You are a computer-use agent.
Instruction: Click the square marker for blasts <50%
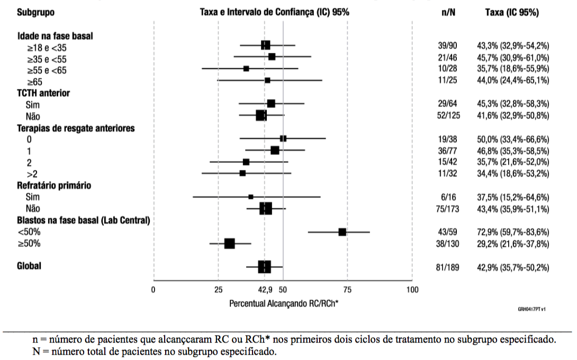pos(342,232)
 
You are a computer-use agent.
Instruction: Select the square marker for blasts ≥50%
pos(229,244)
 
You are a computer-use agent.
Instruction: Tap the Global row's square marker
pos(265,267)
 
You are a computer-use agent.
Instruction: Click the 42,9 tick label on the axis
pos(266,290)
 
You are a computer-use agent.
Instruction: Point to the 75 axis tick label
pos(347,290)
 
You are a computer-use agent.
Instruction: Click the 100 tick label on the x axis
pos(412,290)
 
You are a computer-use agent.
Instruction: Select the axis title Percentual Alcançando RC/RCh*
pos(284,304)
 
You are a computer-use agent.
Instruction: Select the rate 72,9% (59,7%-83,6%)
pos(516,232)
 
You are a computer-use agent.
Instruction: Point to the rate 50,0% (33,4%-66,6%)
pos(516,140)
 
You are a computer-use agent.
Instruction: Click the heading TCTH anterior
pos(43,93)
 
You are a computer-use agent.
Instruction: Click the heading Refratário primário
pos(54,186)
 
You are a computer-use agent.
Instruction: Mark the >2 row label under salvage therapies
pos(31,174)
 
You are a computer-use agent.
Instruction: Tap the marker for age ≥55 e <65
pos(246,69)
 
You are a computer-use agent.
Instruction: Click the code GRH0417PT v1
pos(531,308)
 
